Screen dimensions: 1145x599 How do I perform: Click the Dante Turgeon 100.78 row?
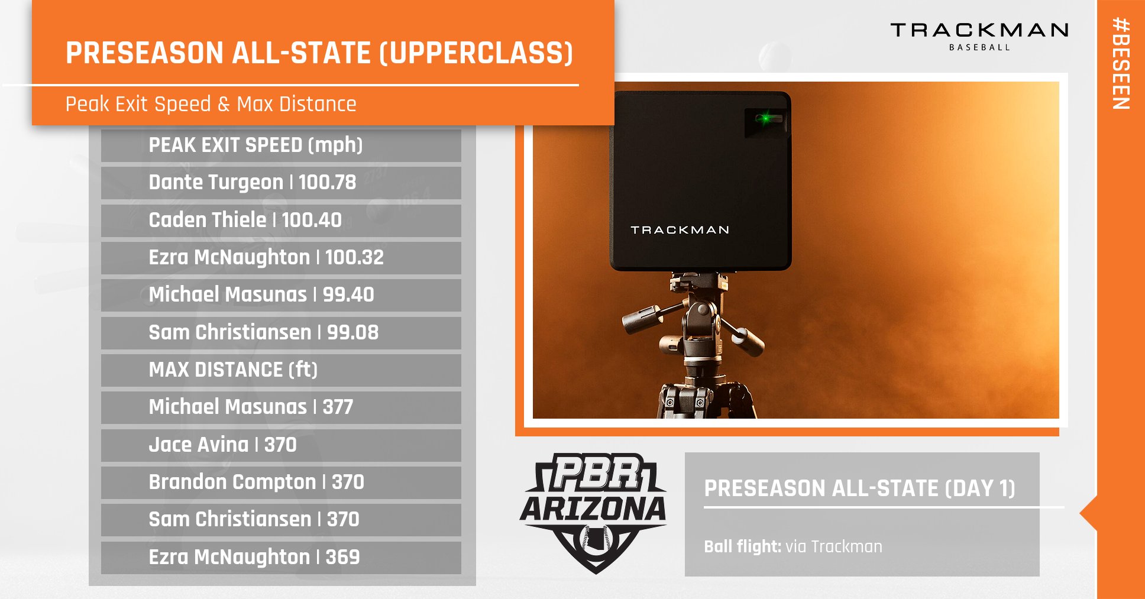click(281, 183)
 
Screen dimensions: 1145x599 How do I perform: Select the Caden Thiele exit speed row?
click(281, 221)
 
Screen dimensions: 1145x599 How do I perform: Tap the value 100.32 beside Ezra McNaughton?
click(354, 257)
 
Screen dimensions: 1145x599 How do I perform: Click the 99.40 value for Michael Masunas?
click(348, 294)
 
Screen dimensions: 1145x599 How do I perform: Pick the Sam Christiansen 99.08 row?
click(281, 333)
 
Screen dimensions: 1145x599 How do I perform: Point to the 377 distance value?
click(338, 407)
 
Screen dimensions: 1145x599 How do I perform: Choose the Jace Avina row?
click(281, 445)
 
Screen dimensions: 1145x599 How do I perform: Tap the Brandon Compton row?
click(281, 483)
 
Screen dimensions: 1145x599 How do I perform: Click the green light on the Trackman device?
click(766, 118)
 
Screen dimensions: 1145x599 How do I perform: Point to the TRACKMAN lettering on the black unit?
click(680, 230)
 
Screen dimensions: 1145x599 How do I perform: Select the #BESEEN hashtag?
click(1121, 63)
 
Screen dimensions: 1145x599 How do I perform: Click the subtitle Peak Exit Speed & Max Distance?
click(211, 105)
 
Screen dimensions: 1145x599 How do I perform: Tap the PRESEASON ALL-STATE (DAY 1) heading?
click(859, 488)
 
